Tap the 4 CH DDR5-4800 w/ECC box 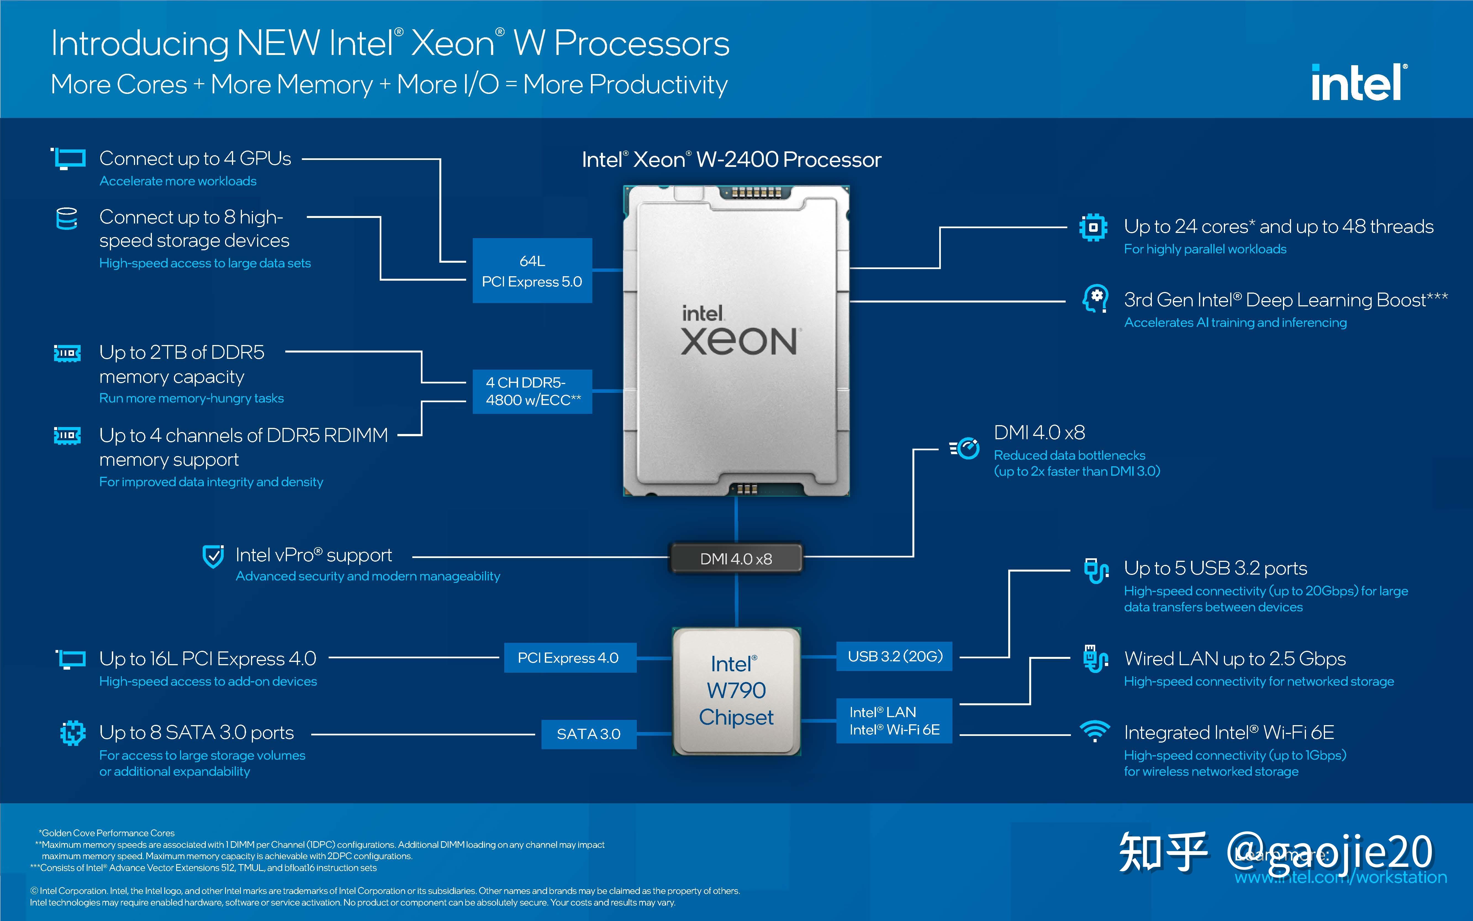tap(532, 391)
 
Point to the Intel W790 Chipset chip tap(736, 691)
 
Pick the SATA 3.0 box tap(588, 734)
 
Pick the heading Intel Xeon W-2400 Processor tap(731, 160)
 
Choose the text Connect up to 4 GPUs tap(195, 158)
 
